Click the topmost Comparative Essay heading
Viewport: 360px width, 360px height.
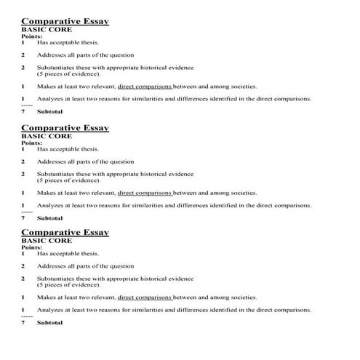(x=65, y=22)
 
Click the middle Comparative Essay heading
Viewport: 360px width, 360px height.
(x=65, y=128)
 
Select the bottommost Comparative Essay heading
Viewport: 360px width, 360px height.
(x=65, y=233)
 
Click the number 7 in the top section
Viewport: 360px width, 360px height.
(x=23, y=111)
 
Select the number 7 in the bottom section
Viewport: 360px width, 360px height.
(x=23, y=322)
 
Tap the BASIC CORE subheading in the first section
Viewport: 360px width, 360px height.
(x=47, y=31)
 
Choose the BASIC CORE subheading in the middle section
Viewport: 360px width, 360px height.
(x=47, y=136)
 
